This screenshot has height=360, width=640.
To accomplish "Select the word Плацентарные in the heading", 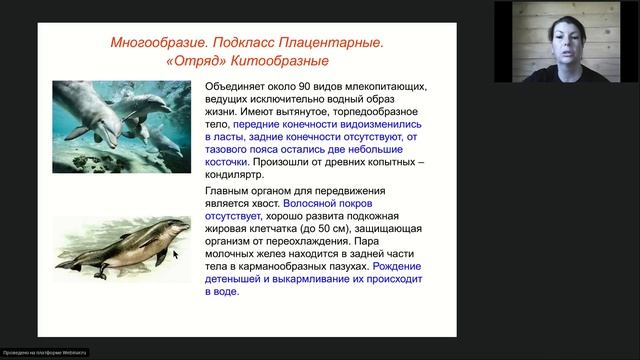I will (329, 44).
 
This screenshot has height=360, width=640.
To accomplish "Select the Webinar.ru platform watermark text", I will (45, 353).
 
